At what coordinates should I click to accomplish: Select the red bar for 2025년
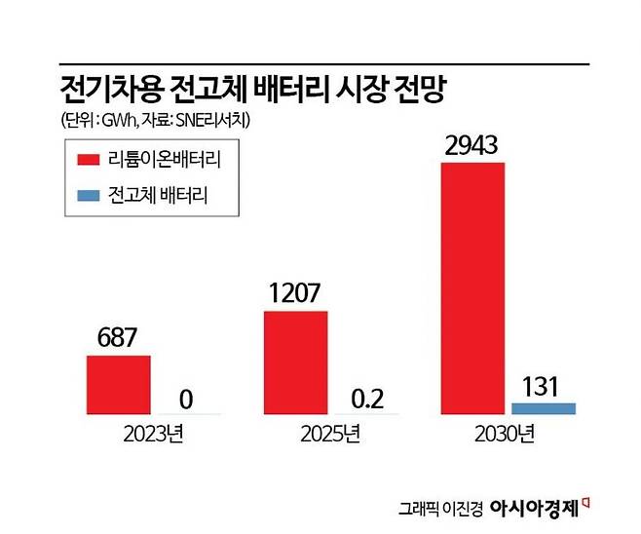click(295, 362)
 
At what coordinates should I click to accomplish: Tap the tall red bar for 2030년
click(473, 287)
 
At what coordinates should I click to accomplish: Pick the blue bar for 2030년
click(544, 407)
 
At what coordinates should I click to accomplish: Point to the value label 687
click(119, 339)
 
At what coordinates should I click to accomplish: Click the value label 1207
click(296, 294)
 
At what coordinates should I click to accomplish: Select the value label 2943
click(473, 146)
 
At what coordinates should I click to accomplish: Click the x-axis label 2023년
click(154, 433)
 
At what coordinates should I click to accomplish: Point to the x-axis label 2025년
click(330, 433)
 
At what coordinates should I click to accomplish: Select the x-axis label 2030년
click(508, 433)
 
